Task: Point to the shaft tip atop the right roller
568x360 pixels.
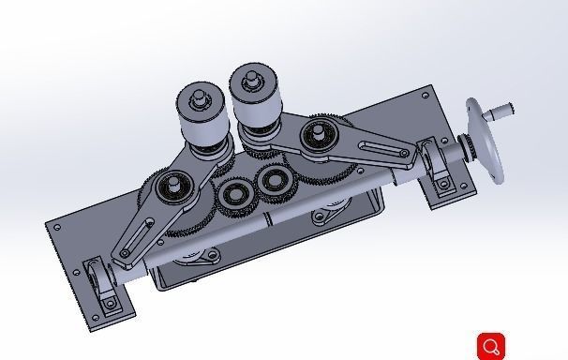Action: point(250,74)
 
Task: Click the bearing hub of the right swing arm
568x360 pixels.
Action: point(320,134)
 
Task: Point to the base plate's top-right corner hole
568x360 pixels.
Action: point(426,95)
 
